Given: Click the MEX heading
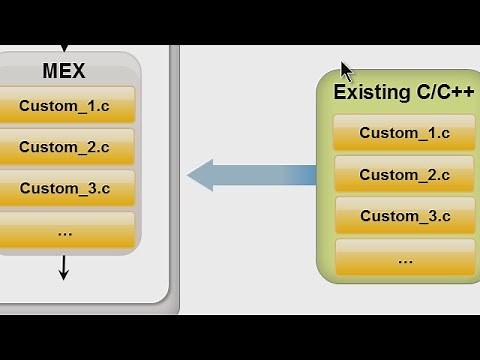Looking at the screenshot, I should click(64, 72).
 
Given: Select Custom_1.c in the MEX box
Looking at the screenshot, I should click(64, 105).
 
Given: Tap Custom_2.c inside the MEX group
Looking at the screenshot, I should click(64, 147).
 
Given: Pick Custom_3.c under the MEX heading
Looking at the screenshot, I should click(64, 188).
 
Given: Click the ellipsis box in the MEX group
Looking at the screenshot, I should click(64, 231).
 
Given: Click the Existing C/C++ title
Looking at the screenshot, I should click(403, 92).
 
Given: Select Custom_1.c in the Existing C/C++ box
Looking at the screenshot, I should click(404, 133).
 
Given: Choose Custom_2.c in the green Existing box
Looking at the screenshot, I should click(404, 175).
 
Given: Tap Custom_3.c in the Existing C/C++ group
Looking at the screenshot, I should click(404, 216).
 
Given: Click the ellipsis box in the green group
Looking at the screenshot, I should click(404, 258).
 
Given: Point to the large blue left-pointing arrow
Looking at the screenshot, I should click(250, 175).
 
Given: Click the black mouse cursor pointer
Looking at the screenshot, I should click(345, 71).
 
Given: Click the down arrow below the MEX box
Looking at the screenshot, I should click(64, 268).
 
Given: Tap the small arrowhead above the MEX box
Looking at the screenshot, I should click(64, 47).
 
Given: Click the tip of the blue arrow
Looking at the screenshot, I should click(191, 175).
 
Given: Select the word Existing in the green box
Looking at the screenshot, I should click(368, 92).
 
